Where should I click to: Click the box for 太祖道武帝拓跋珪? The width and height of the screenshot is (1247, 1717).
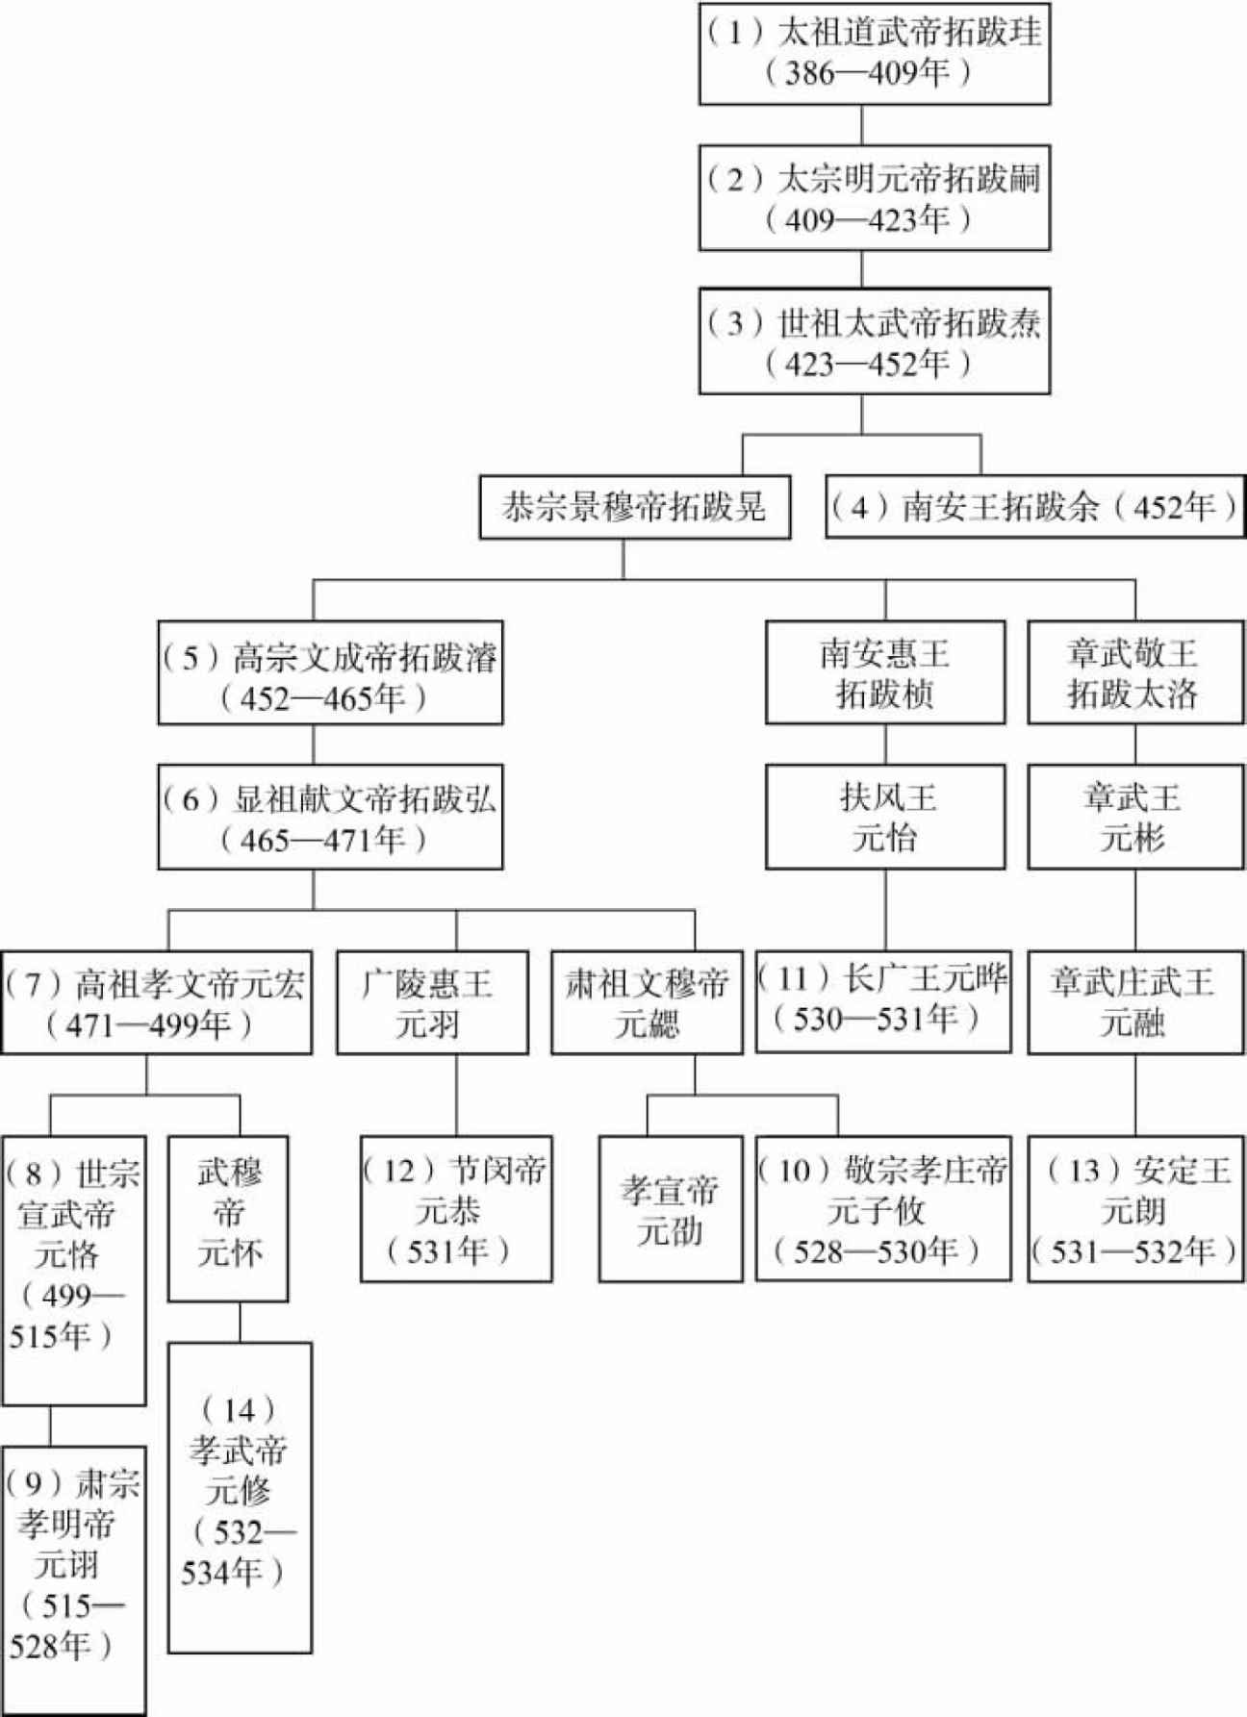(x=874, y=53)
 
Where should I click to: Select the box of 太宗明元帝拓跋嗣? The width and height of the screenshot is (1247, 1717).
(x=874, y=198)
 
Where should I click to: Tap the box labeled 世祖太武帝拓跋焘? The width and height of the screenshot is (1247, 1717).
(x=874, y=341)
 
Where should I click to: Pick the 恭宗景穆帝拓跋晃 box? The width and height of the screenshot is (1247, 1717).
(x=635, y=507)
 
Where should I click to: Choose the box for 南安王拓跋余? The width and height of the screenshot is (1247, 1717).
(x=1035, y=507)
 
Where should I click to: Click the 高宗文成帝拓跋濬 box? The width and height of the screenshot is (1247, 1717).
(x=330, y=672)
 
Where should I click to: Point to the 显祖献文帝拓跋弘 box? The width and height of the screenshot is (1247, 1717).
(x=330, y=817)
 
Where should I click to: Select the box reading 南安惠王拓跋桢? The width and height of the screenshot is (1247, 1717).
(x=885, y=672)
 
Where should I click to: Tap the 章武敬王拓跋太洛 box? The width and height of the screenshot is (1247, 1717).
(x=1135, y=672)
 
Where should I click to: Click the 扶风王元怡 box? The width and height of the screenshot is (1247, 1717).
(x=885, y=817)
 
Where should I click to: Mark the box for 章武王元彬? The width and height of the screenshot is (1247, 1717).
(x=1135, y=817)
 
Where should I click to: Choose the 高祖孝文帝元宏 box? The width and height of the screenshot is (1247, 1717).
(x=156, y=1003)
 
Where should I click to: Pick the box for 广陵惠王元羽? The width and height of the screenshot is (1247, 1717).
(x=432, y=1003)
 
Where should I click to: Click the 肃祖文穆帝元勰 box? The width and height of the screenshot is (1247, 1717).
(x=647, y=1003)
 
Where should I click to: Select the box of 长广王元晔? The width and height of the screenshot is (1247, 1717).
(x=883, y=1001)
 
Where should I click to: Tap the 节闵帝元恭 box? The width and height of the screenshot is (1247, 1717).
(x=456, y=1209)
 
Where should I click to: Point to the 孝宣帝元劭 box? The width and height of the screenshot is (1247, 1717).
(x=671, y=1209)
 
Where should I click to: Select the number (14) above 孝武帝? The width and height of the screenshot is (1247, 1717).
(x=239, y=1410)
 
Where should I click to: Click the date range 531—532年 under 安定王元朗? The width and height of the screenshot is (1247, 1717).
(x=1134, y=1251)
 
